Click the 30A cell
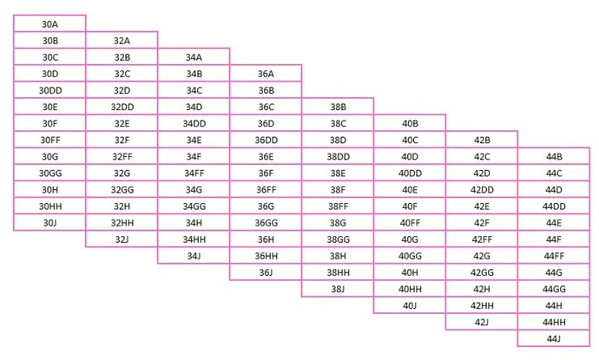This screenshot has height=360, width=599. pyautogui.click(x=49, y=23)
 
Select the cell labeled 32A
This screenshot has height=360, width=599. pyautogui.click(x=122, y=40)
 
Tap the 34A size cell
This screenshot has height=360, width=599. pyautogui.click(x=194, y=57)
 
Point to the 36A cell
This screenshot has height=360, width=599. pyautogui.click(x=266, y=73)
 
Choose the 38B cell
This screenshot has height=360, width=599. pyautogui.click(x=338, y=107)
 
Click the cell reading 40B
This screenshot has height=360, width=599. pyautogui.click(x=410, y=123)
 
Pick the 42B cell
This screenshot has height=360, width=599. pyautogui.click(x=482, y=140)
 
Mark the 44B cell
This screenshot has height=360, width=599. pyautogui.click(x=554, y=156)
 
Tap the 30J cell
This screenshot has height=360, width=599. pyautogui.click(x=49, y=222)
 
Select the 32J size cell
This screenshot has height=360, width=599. pyautogui.click(x=122, y=239)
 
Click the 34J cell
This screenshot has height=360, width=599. pyautogui.click(x=194, y=255)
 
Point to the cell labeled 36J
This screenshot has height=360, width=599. pyautogui.click(x=266, y=272)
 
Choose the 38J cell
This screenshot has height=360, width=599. pyautogui.click(x=338, y=289)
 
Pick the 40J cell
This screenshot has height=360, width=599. pyautogui.click(x=410, y=305)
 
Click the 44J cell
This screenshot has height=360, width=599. pyautogui.click(x=554, y=338)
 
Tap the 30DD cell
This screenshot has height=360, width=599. pyautogui.click(x=49, y=90)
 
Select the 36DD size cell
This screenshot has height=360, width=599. pyautogui.click(x=266, y=140)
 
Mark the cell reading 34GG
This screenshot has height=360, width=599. pyautogui.click(x=194, y=206)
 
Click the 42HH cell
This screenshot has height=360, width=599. pyautogui.click(x=482, y=305)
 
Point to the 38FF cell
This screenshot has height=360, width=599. pyautogui.click(x=338, y=206)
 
